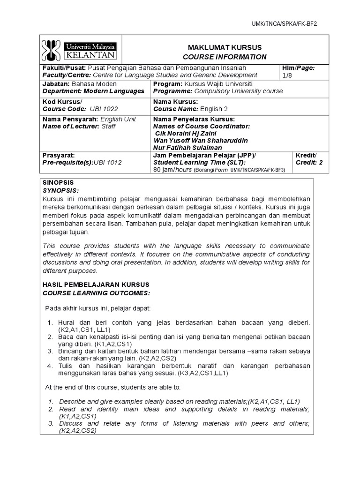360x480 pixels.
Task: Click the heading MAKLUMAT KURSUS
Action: point(225,48)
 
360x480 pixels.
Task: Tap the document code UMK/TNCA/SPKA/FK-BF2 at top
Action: point(288,24)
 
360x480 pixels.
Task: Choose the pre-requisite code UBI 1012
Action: point(107,162)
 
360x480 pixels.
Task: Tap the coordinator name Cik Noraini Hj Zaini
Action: point(187,133)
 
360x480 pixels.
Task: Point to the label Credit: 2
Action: point(309,162)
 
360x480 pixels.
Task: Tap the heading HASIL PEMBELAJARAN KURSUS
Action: point(96,285)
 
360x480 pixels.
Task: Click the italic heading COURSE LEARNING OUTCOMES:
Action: point(96,292)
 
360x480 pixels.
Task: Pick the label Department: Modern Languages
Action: point(93,91)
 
